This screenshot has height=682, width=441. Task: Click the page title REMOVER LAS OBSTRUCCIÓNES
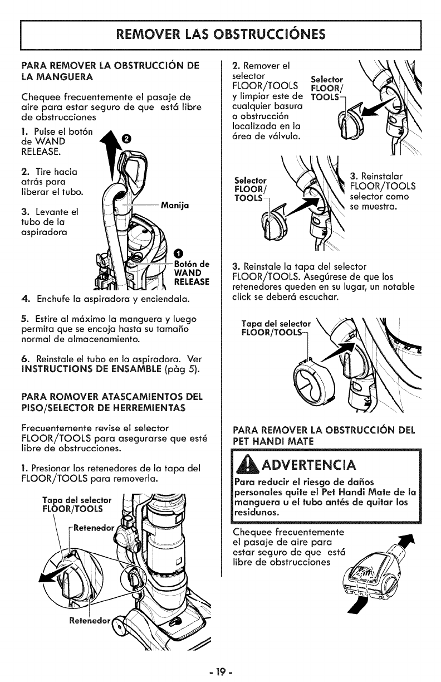click(x=220, y=34)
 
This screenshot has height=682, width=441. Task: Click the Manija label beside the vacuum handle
click(x=175, y=206)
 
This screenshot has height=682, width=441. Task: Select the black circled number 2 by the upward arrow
click(x=126, y=139)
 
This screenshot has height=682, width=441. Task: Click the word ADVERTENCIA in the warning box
click(x=308, y=465)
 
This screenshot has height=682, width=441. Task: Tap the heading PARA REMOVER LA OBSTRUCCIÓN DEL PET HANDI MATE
click(x=324, y=436)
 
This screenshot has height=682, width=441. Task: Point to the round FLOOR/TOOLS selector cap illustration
click(x=313, y=379)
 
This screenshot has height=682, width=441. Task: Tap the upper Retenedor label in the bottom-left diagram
click(x=94, y=528)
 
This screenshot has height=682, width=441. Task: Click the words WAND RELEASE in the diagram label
click(x=192, y=277)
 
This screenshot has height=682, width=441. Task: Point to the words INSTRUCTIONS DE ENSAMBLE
click(x=91, y=369)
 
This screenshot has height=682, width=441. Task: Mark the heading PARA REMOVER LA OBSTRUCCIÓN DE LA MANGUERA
click(x=110, y=71)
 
